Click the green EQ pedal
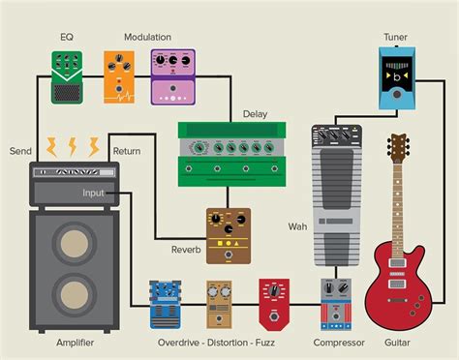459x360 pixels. tap(68, 76)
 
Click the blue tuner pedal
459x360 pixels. tap(395, 80)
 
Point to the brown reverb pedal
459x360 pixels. tap(229, 235)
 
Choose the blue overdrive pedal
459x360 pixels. tap(166, 304)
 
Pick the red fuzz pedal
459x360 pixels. tap(273, 303)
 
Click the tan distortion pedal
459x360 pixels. tap(219, 304)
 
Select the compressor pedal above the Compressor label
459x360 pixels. tap(338, 304)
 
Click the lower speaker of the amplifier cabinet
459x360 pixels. tap(74, 296)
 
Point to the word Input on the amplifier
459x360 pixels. tap(94, 194)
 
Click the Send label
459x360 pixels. tap(20, 151)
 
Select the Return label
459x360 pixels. tap(127, 151)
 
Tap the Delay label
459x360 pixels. tap(255, 113)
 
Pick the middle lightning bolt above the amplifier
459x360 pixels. tap(73, 146)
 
